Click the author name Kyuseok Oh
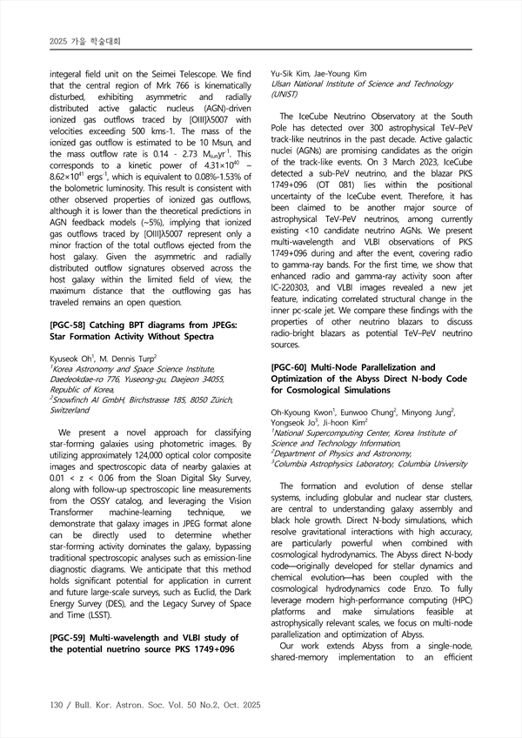pos(75,383)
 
